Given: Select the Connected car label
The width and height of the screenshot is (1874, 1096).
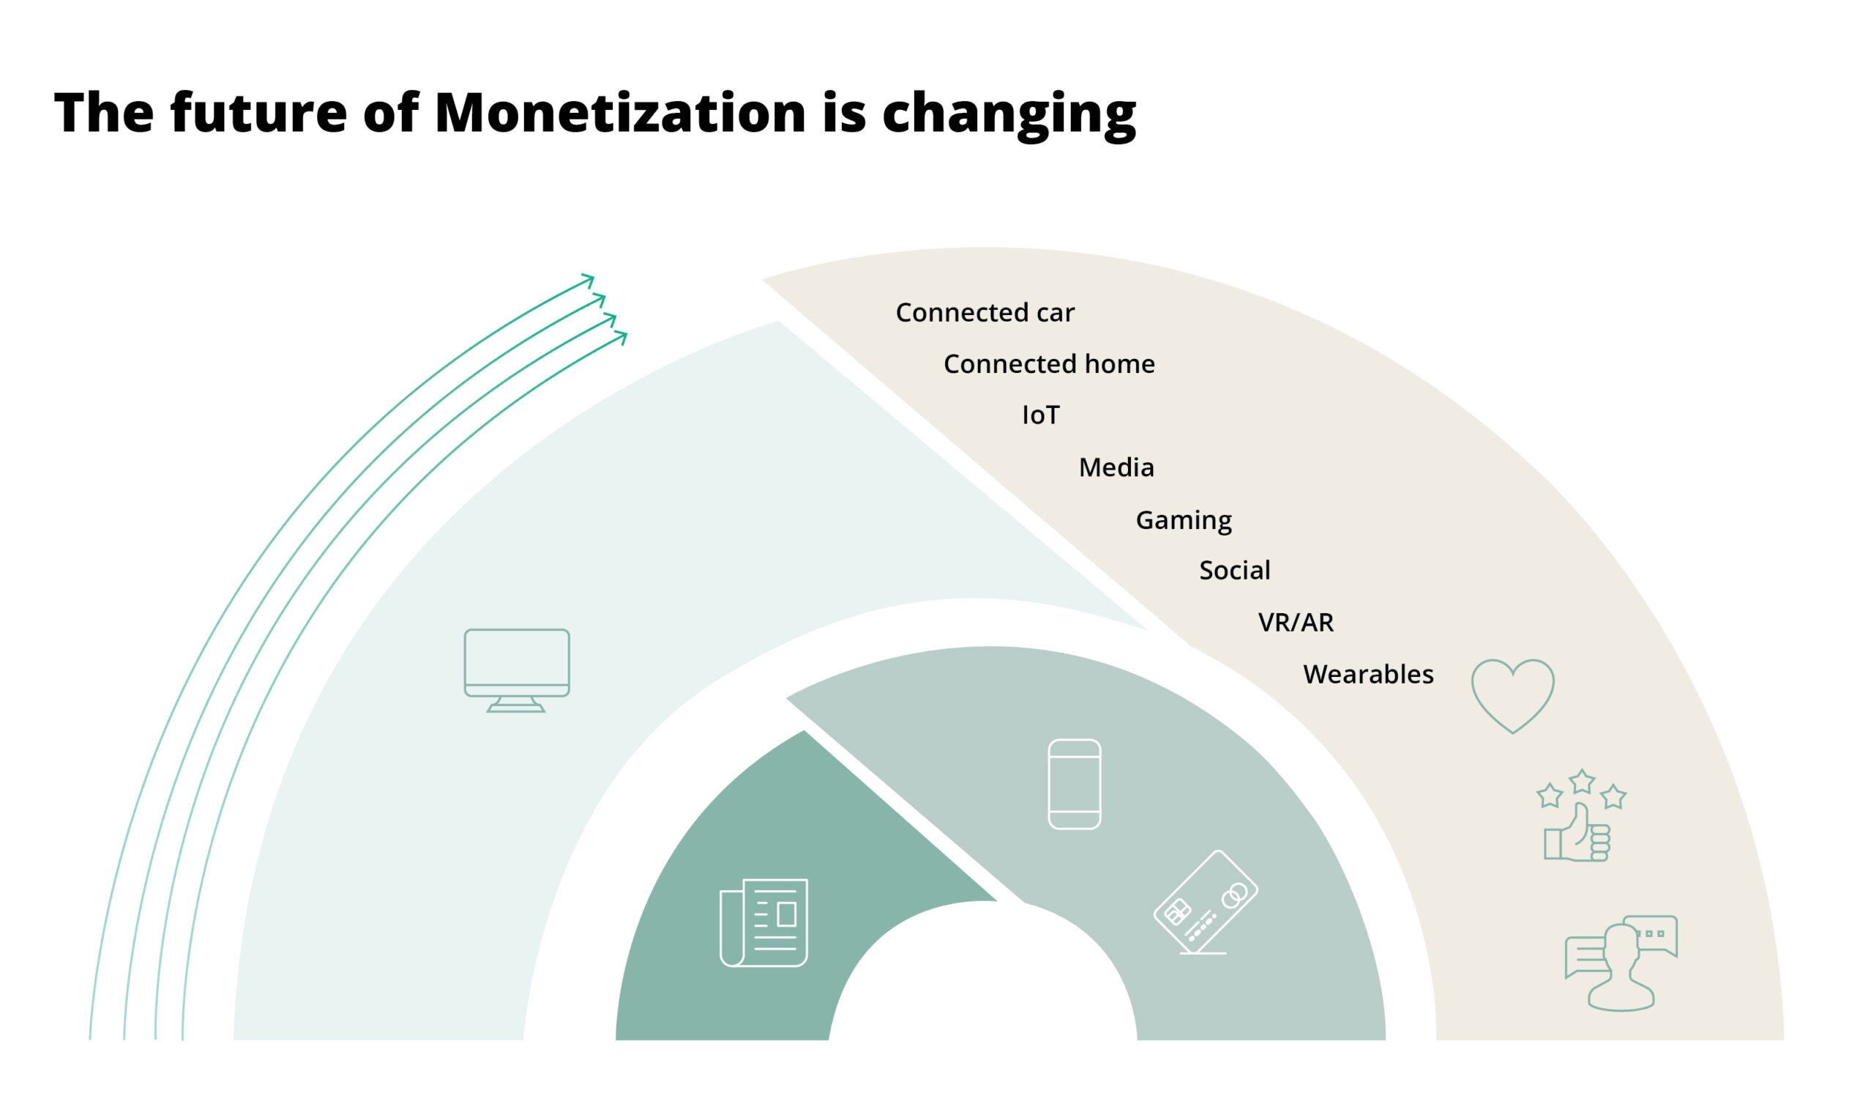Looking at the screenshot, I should click(x=985, y=313).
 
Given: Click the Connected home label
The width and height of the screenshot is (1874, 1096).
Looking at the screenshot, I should click(x=1048, y=364).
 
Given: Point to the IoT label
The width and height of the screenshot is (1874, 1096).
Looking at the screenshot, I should click(x=1040, y=415).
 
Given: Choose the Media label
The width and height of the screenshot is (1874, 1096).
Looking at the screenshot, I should click(x=1116, y=467).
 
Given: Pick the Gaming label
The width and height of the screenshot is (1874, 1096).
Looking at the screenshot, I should click(x=1183, y=520).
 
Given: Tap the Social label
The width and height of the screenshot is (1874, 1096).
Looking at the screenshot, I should click(x=1234, y=571).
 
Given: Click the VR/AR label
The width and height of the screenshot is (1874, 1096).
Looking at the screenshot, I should click(x=1296, y=623).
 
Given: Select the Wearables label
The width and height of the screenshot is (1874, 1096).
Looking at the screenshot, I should click(x=1367, y=674).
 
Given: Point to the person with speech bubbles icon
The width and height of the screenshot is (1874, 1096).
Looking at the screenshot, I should click(x=1621, y=963).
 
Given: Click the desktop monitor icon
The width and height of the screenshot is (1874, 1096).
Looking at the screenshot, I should click(x=517, y=670).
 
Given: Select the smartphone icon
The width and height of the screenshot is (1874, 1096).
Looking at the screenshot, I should click(x=1074, y=784).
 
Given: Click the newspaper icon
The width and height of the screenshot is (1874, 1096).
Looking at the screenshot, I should click(x=764, y=922).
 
